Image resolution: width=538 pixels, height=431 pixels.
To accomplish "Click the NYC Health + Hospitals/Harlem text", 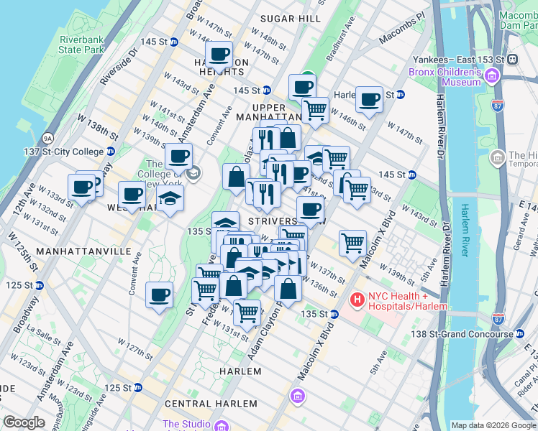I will point(409,301).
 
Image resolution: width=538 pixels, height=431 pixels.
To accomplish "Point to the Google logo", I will point(24,422).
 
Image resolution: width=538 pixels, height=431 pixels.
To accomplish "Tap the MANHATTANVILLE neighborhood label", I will point(83,252).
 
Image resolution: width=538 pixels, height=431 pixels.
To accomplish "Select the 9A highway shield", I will point(48,137).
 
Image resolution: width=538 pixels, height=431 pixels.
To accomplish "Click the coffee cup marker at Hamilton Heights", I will point(219,53).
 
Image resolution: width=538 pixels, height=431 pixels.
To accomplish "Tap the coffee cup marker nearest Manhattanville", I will point(159,294).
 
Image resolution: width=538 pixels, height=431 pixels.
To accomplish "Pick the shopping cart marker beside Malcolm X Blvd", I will point(352,242).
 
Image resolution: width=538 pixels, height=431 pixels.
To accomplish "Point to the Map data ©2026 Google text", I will point(493,425).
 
